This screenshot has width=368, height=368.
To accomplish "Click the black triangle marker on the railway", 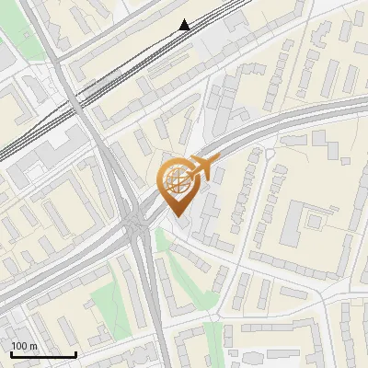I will click(x=185, y=25).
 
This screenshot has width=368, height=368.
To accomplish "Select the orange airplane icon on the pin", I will click(x=204, y=167).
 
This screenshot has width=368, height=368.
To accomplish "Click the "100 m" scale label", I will click(x=25, y=345).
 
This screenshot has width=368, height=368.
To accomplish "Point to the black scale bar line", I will click(x=42, y=354).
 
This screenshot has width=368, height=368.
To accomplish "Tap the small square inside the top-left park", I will click(x=26, y=35).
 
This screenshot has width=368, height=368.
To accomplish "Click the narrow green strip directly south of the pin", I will click(x=164, y=241).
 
